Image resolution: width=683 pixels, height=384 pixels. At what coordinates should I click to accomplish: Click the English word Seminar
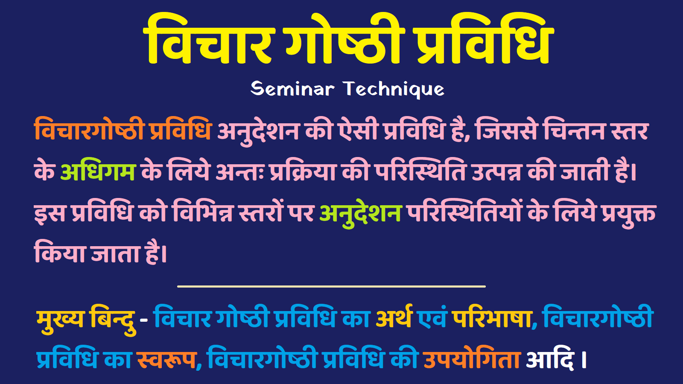pos(292,89)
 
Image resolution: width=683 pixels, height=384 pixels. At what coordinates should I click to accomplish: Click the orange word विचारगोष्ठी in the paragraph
pos(89,130)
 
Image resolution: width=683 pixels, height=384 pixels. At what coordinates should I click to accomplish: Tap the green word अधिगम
pos(98,172)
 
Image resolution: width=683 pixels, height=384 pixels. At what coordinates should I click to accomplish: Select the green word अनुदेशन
pos(361,212)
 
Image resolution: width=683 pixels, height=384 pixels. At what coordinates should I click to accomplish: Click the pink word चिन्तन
pos(574,130)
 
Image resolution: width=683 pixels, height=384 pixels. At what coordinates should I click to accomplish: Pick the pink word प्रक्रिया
pos(303,172)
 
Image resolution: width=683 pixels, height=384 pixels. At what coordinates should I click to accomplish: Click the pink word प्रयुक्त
pos(628,212)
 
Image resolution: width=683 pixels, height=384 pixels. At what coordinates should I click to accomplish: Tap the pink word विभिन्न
pos(202,212)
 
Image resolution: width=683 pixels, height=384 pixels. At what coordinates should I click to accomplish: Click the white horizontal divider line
pos(331,286)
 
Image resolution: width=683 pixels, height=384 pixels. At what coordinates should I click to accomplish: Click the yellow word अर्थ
pos(394,318)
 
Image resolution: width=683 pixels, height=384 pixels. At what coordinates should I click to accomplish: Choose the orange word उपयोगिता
pos(472,358)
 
